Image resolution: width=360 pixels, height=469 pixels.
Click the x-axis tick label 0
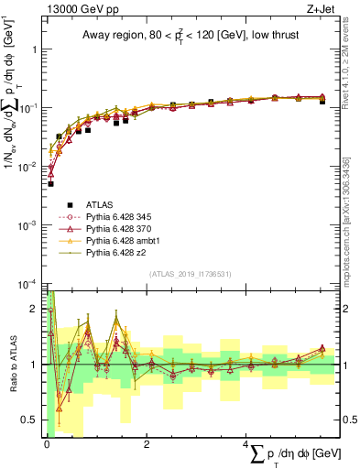point(47,444)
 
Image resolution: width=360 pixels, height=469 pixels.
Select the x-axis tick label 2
point(147,444)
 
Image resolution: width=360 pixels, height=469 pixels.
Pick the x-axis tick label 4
point(248,444)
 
